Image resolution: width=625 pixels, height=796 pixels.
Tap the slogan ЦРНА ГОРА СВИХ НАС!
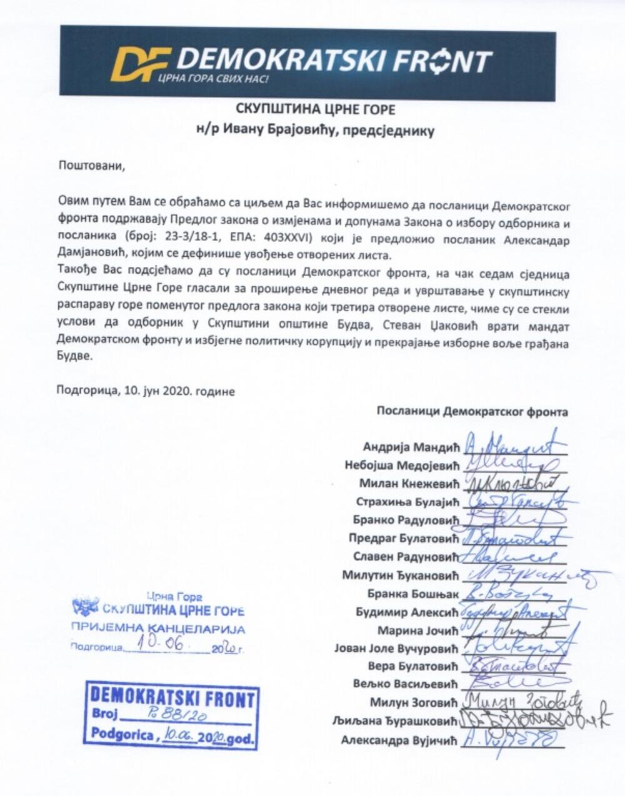click(212, 79)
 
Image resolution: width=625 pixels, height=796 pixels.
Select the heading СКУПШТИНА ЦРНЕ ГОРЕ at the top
click(316, 109)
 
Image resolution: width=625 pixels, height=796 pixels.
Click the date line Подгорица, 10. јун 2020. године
click(145, 391)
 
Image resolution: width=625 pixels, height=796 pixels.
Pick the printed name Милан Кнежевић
click(408, 484)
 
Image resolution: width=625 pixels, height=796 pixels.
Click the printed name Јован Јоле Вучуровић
click(395, 649)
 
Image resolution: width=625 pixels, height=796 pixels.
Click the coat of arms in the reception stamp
click(85, 605)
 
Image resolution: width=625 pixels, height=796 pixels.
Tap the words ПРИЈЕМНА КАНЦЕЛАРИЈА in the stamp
click(158, 629)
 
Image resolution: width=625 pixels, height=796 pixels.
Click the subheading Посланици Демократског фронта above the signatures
click(472, 412)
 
